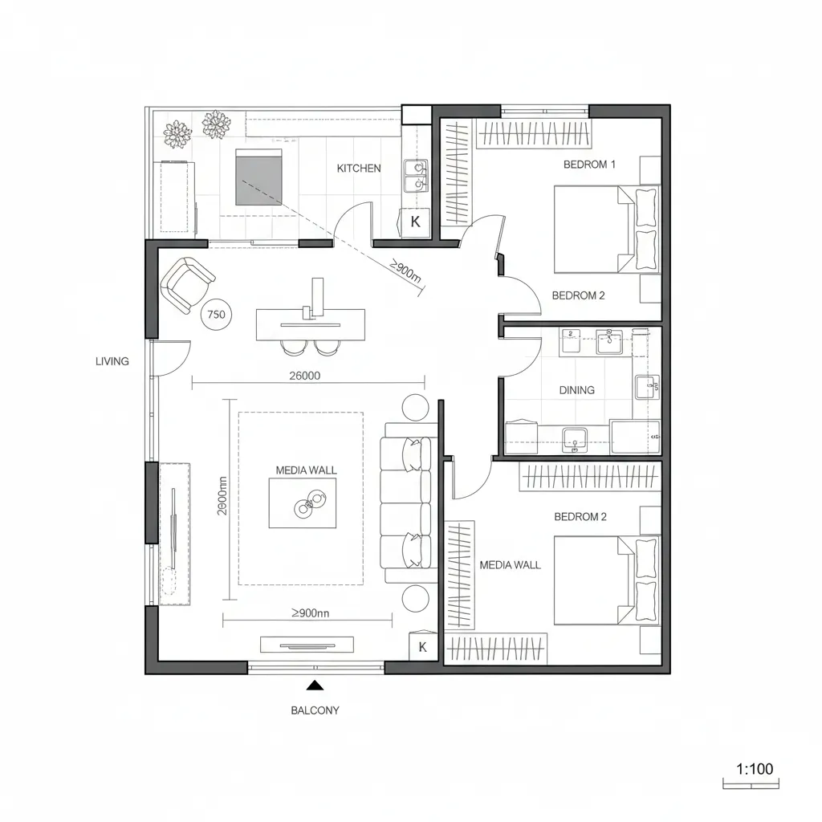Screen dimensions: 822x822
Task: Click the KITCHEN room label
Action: [359, 169]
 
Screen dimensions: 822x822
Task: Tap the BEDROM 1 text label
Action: [589, 165]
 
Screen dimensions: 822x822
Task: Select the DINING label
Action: [576, 390]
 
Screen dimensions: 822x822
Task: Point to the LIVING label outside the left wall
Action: [112, 361]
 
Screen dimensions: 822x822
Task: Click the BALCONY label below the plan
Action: [315, 710]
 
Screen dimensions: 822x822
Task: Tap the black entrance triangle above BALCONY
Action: [315, 685]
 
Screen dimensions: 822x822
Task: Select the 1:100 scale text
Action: [754, 769]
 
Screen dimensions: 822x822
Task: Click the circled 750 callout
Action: [215, 315]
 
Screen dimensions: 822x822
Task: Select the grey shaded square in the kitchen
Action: [258, 177]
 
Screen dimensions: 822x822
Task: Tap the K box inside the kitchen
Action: [416, 222]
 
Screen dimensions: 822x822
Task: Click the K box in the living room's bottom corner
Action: [423, 647]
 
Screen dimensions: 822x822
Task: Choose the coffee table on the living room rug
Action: [303, 503]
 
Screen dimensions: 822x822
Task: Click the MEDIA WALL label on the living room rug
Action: [306, 470]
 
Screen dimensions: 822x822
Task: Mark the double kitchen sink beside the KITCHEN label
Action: [416, 176]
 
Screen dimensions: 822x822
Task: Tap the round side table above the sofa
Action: [417, 408]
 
